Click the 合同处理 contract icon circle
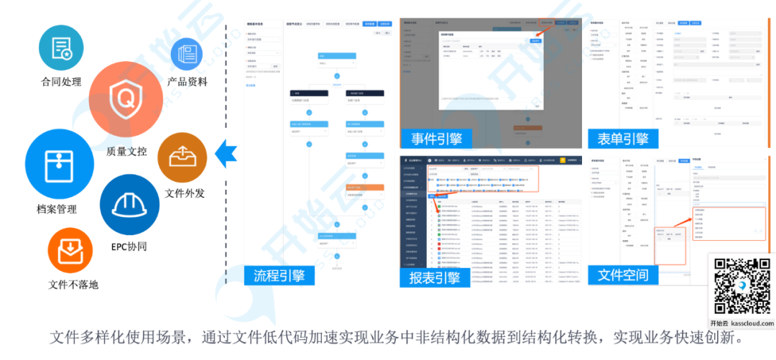[61, 47]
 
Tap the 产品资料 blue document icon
[187, 55]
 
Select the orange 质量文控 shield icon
[127, 98]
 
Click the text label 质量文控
[126, 152]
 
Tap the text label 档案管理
[57, 209]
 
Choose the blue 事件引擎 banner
[437, 138]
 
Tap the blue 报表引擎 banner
[435, 278]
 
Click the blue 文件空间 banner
[623, 274]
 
